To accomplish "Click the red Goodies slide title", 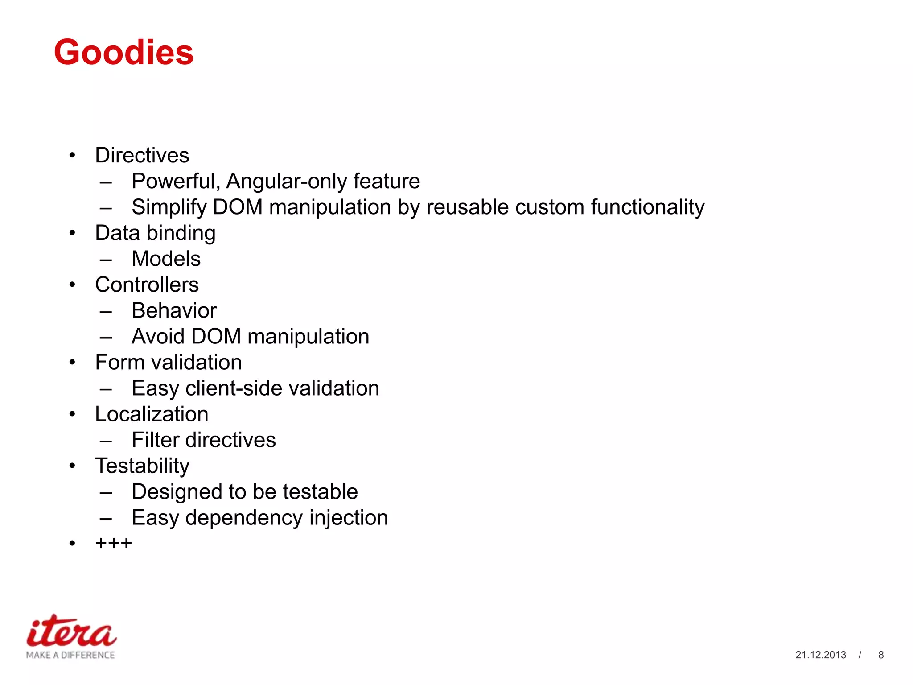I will coord(123,52).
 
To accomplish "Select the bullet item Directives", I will coord(142,155).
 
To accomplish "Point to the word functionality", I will coord(647,207).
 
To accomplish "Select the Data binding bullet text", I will coord(155,233).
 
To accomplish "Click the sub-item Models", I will coord(166,259).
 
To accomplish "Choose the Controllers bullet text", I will coord(147,285).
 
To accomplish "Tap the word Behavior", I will coord(174,310).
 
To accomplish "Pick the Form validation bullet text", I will coord(168,362).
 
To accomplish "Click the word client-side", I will coord(234,388).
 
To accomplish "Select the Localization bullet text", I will coord(152,414).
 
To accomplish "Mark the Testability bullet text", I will coord(142,466).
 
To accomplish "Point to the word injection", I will coord(348,518).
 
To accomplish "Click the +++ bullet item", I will coord(113,543).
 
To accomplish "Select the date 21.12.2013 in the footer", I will coord(820,655).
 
